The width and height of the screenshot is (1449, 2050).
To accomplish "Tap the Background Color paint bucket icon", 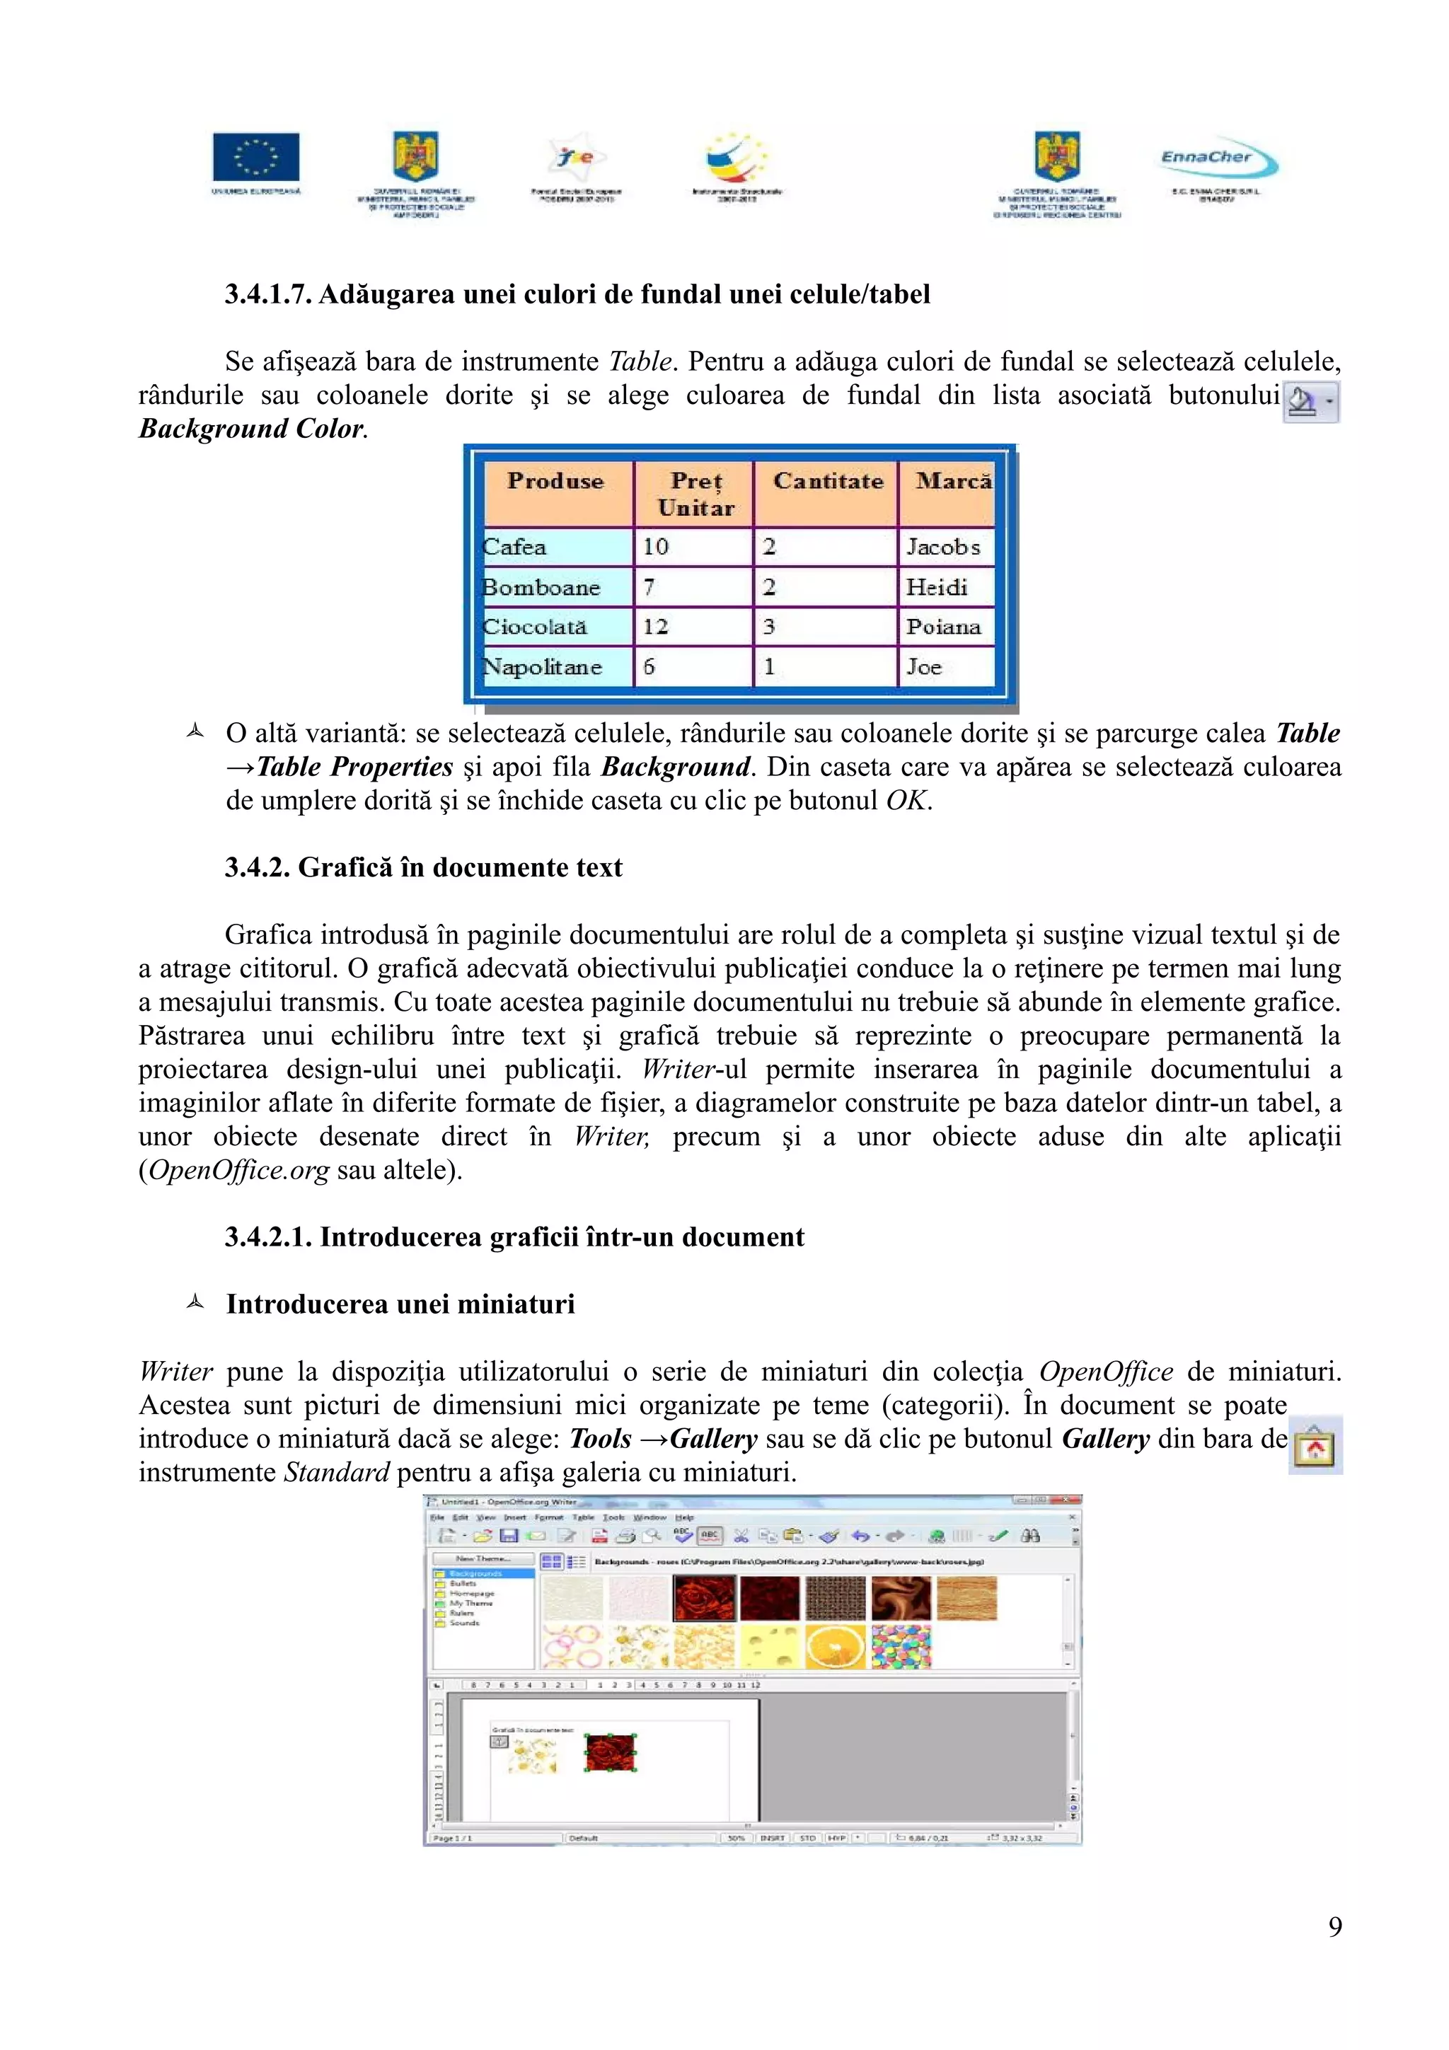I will tap(1303, 402).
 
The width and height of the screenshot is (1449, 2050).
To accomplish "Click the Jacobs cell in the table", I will tap(943, 546).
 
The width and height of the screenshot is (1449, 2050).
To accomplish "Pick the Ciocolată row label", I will tap(535, 627).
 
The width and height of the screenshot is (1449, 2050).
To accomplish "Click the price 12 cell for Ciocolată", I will tap(656, 627).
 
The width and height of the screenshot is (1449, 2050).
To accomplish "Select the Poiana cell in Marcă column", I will tap(943, 627).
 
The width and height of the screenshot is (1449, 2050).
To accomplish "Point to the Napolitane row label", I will tap(542, 667).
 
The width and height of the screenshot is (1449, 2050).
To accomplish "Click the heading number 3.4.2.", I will tap(257, 867).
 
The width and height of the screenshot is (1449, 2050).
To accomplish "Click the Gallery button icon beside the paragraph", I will tap(1314, 1445).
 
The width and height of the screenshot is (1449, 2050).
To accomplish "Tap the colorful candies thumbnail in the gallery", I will tap(900, 1645).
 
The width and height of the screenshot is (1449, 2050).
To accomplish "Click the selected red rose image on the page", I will tap(610, 1753).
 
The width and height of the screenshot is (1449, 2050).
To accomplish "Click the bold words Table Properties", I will tap(354, 767).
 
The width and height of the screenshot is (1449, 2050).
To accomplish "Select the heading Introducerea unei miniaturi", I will tap(400, 1304).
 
